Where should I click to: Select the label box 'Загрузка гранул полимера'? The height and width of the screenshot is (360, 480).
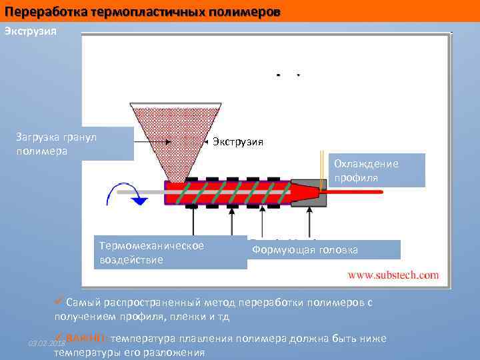tap(73, 143)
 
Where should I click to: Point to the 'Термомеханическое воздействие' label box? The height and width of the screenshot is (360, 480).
tap(170, 253)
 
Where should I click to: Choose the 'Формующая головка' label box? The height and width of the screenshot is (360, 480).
tap(324, 250)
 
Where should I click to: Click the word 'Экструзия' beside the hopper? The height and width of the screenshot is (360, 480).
tap(238, 141)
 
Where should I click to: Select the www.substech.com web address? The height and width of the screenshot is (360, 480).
tap(393, 274)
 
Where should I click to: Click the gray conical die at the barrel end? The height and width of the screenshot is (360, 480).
tap(309, 191)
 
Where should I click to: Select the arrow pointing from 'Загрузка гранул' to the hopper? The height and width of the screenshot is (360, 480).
tap(153, 141)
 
